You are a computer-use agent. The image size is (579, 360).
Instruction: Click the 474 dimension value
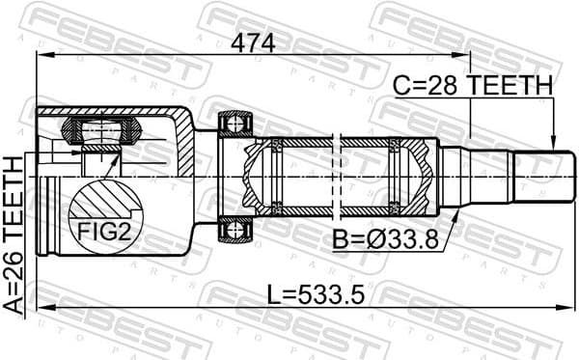tap(252, 43)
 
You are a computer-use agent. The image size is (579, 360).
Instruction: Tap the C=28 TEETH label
tap(473, 86)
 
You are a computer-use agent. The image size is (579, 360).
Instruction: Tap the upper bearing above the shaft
tap(235, 124)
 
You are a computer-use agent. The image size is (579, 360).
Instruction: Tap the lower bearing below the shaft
tap(235, 230)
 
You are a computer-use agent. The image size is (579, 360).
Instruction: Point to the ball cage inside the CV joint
tap(100, 135)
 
